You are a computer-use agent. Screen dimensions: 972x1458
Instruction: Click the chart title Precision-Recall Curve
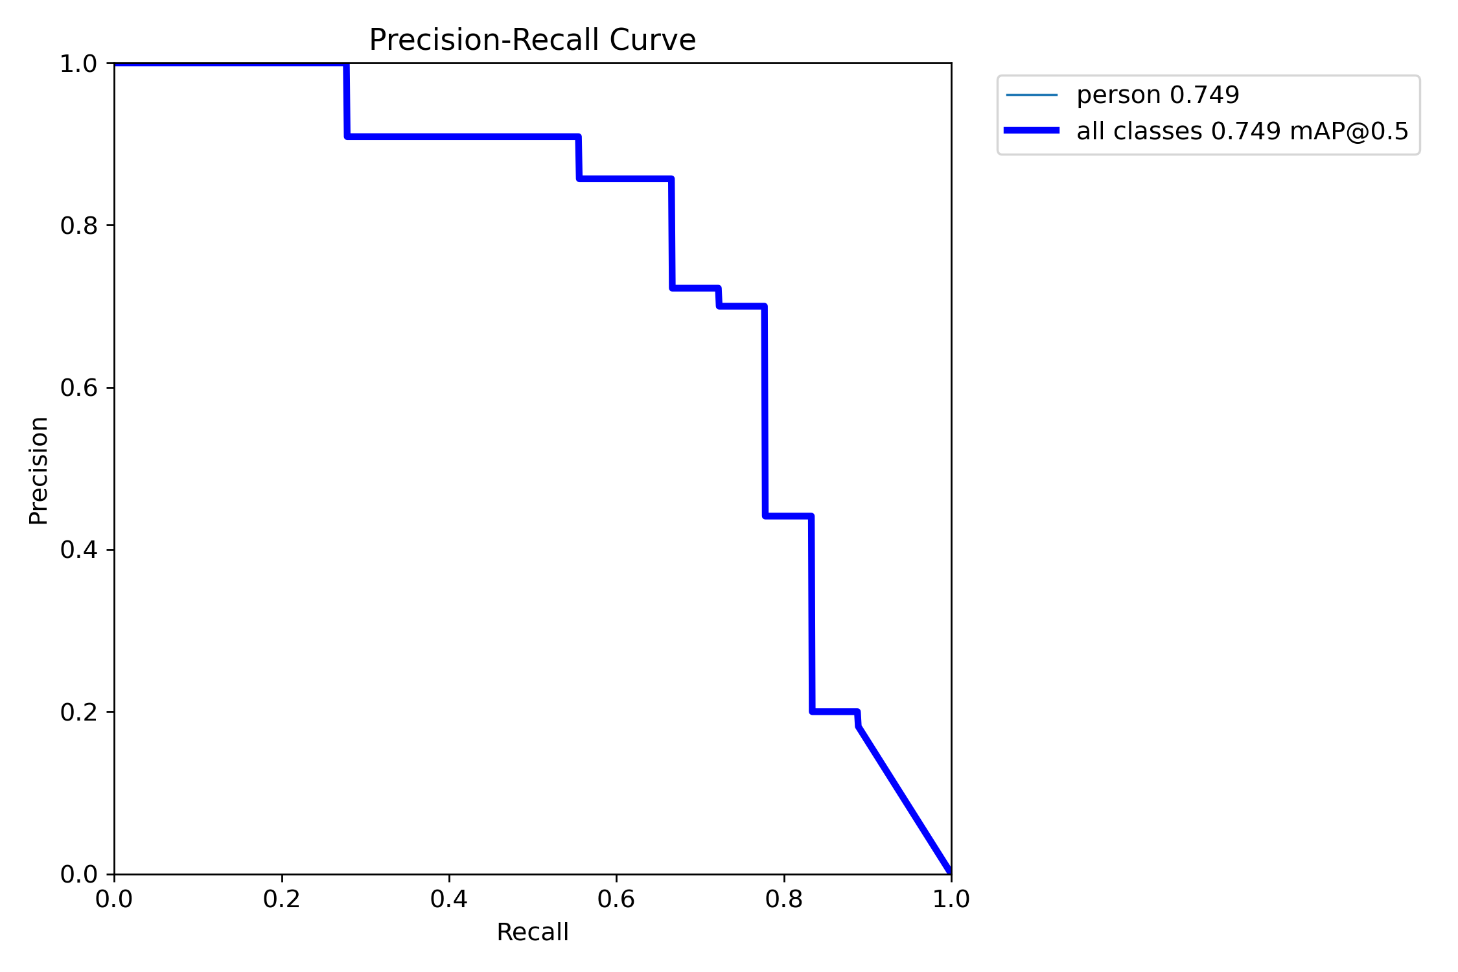(532, 40)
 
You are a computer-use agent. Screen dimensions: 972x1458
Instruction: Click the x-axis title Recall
(532, 932)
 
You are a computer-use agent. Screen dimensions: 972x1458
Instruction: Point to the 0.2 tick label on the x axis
(281, 899)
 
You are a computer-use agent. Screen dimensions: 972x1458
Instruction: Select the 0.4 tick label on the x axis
(448, 899)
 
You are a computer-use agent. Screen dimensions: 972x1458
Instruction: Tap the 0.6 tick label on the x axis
(616, 899)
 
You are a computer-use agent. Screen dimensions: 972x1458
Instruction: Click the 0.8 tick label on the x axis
(783, 899)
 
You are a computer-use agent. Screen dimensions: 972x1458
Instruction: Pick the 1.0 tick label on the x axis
(951, 899)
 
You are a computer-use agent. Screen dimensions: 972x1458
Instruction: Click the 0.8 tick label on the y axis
(78, 226)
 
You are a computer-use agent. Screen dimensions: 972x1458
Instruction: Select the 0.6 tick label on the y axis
(78, 388)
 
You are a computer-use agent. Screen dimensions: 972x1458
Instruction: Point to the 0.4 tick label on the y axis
(78, 550)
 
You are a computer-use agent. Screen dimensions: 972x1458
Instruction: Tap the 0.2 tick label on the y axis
(78, 712)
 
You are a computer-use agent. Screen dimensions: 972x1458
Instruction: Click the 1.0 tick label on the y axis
(78, 64)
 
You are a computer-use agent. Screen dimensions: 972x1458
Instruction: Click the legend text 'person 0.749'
(1157, 95)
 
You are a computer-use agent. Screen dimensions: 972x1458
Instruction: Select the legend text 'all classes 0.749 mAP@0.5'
(1242, 132)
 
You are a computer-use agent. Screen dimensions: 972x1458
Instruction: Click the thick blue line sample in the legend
(1032, 131)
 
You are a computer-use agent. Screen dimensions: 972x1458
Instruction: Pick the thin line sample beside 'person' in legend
(1032, 95)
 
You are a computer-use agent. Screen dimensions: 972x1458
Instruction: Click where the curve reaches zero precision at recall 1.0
(950, 872)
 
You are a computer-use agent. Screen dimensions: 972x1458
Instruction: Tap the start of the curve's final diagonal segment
(858, 726)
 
